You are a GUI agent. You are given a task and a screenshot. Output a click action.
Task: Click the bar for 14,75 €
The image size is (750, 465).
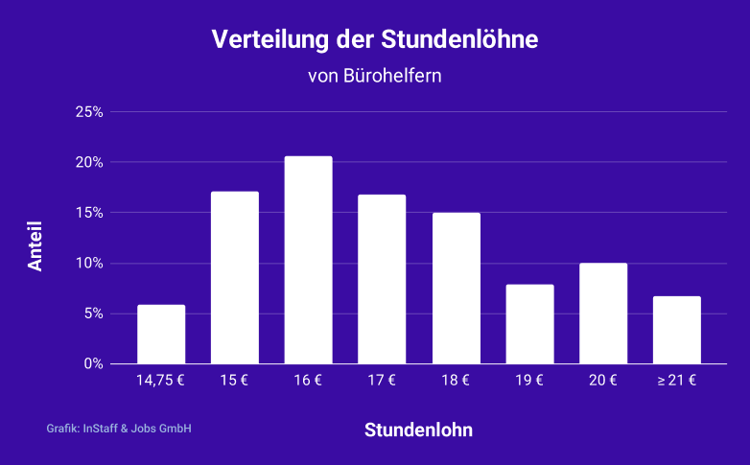pos(161,335)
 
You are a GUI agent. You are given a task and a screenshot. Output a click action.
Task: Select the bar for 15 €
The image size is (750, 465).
pos(235,278)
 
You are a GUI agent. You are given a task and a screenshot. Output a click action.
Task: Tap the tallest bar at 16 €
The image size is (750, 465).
pos(308,261)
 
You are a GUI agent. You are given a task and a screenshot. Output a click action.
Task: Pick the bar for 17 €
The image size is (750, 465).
pos(382,279)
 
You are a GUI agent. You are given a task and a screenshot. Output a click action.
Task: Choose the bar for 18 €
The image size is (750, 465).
pos(456,289)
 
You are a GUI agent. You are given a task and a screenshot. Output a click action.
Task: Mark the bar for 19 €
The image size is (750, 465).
pos(529,324)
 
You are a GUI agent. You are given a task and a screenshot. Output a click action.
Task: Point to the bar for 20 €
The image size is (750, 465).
pos(603,314)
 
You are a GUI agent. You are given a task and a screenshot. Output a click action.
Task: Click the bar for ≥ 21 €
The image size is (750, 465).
pos(677,330)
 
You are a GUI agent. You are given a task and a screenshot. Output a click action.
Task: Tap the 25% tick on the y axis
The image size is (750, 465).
pos(89,112)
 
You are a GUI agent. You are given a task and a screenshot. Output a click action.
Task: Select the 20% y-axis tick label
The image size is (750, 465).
pos(89,162)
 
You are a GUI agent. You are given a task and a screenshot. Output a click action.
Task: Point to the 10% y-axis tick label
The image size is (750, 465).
pos(89,263)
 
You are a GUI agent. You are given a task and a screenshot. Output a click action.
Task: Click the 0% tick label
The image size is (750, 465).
pos(93,363)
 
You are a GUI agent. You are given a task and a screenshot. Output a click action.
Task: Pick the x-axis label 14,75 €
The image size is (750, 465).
pos(161,381)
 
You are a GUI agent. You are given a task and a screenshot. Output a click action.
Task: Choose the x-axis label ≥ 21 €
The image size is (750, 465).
pos(677,381)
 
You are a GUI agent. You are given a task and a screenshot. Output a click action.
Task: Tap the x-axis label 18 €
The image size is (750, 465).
pos(456,381)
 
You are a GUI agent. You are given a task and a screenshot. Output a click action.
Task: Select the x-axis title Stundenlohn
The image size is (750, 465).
pos(418,430)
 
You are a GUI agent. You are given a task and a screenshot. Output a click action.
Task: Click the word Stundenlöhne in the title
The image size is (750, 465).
pos(459,40)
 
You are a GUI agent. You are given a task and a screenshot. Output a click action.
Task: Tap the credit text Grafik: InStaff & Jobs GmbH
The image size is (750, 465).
pos(119,429)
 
